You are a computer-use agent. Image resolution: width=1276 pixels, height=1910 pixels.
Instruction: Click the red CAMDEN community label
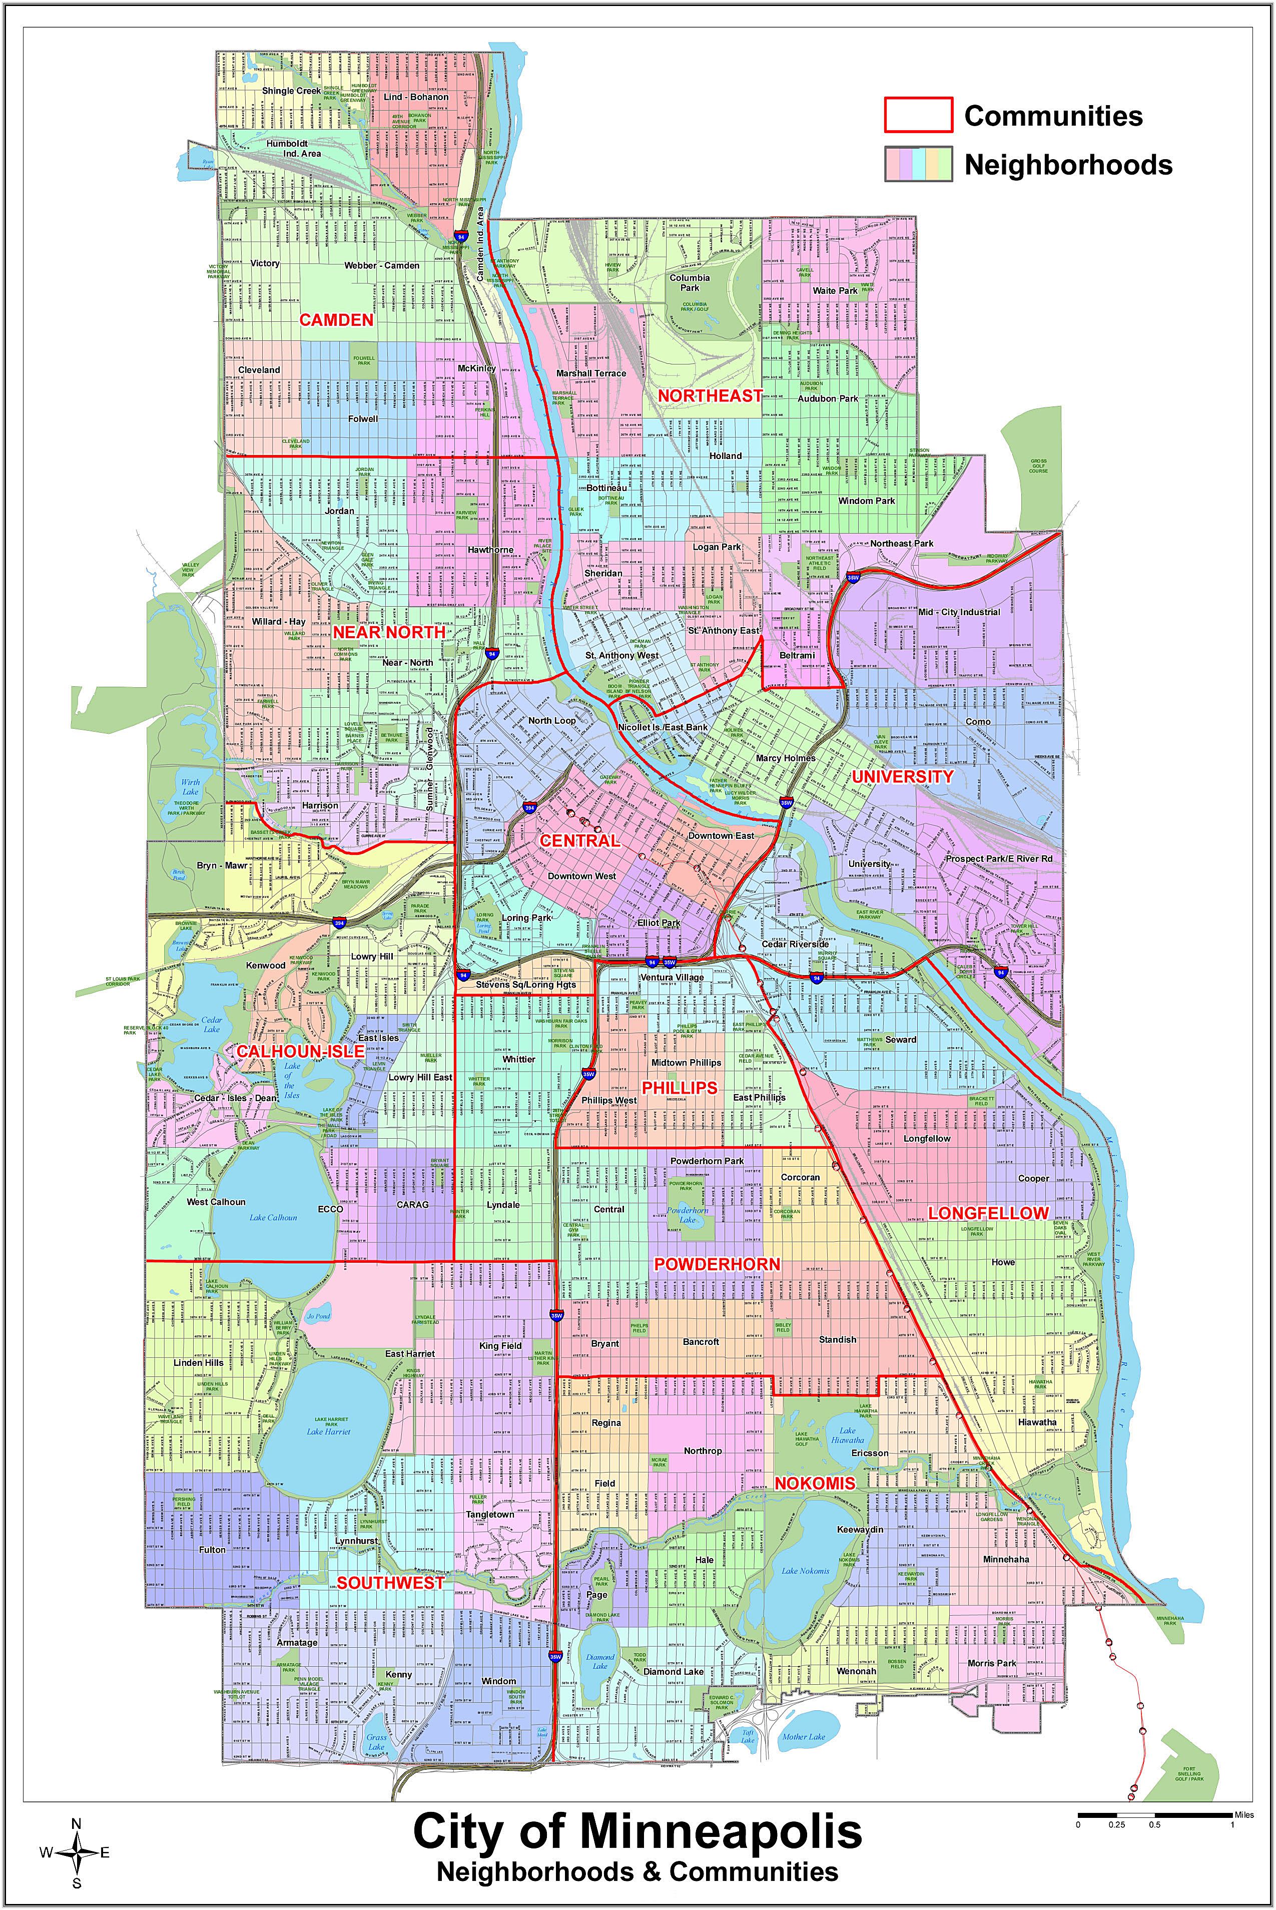tap(336, 320)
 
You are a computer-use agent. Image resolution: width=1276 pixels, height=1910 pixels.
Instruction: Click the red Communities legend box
tap(918, 115)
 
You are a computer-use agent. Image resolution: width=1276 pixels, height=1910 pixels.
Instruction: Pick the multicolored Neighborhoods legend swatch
tap(918, 164)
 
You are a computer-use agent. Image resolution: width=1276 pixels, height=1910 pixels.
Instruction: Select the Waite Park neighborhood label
tap(835, 290)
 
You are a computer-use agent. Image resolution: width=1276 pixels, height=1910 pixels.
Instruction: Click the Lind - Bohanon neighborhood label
tap(416, 97)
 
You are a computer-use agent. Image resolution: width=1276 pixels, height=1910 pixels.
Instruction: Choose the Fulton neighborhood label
tap(212, 1550)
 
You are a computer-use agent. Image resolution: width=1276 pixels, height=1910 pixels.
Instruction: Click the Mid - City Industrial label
tap(959, 612)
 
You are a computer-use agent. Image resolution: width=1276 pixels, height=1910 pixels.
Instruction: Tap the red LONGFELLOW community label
tap(988, 1213)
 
